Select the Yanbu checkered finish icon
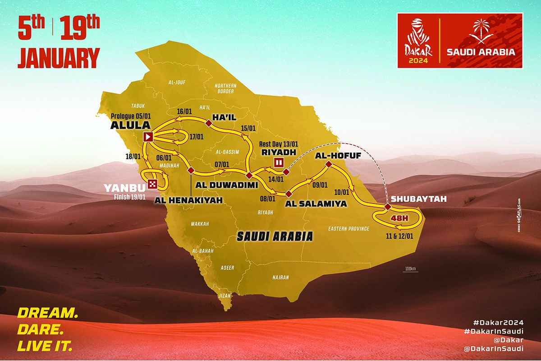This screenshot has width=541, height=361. (x=152, y=184)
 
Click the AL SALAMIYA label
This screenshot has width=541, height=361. (x=316, y=204)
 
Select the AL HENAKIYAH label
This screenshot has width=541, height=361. (x=188, y=200)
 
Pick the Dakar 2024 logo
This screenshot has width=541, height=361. (x=417, y=41)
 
